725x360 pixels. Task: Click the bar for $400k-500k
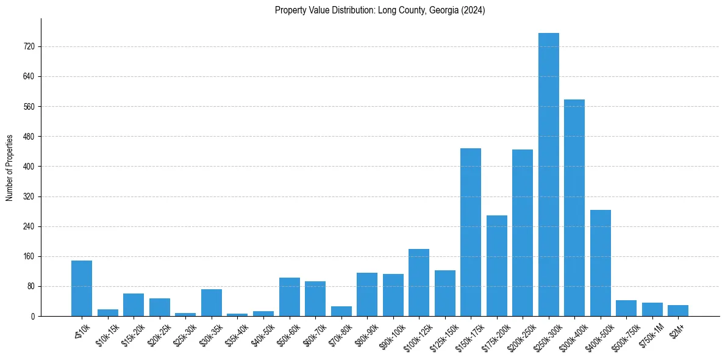(600, 263)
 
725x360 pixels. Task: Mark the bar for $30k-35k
(212, 303)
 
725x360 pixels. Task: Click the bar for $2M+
(678, 311)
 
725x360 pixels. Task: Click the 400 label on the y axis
(29, 167)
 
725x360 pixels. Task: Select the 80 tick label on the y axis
(30, 286)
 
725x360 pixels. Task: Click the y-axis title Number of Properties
(9, 168)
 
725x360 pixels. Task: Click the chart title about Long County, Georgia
(380, 10)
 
